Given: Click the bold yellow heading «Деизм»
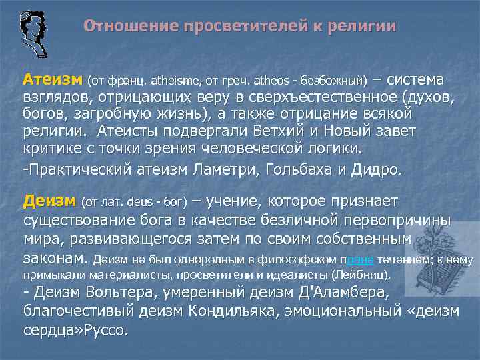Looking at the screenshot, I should click(49, 201).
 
